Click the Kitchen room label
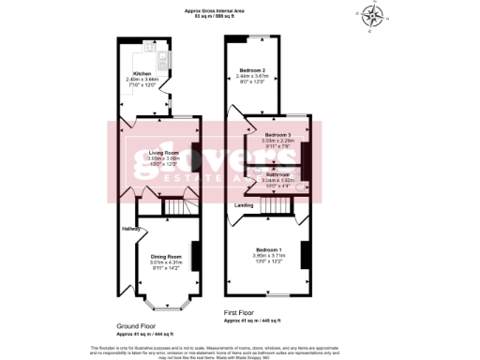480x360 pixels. [142, 72]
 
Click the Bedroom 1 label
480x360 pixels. [268, 248]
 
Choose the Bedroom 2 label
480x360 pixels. [253, 70]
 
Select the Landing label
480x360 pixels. [245, 204]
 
